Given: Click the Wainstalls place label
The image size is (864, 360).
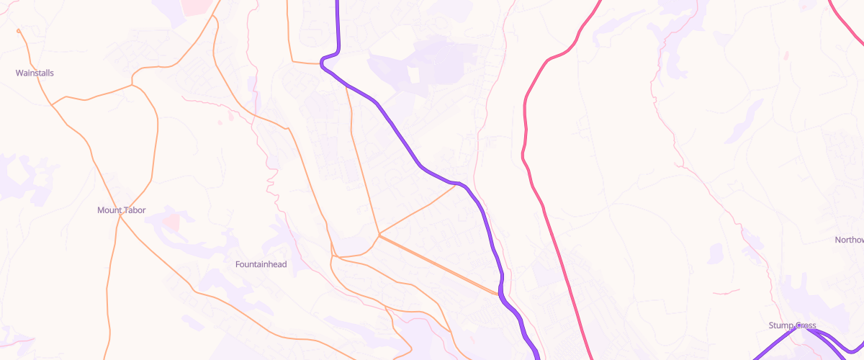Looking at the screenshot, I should click(35, 73).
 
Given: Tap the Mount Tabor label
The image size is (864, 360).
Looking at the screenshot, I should click(121, 210).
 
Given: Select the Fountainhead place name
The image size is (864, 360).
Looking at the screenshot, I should click(261, 264).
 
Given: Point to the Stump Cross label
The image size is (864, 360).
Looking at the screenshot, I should click(792, 326).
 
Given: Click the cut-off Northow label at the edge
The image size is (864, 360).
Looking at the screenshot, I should click(849, 240).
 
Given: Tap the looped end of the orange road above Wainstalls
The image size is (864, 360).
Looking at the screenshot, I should click(18, 31).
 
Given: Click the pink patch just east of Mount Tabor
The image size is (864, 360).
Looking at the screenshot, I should click(171, 221).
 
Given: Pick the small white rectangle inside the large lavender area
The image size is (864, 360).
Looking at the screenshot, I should click(414, 75).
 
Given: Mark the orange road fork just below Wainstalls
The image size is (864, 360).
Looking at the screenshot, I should click(53, 105).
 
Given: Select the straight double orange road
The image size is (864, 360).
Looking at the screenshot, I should click(439, 265).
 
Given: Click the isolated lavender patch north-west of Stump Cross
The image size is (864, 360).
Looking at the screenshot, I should click(715, 253).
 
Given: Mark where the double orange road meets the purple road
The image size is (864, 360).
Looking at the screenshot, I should click(499, 294).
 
